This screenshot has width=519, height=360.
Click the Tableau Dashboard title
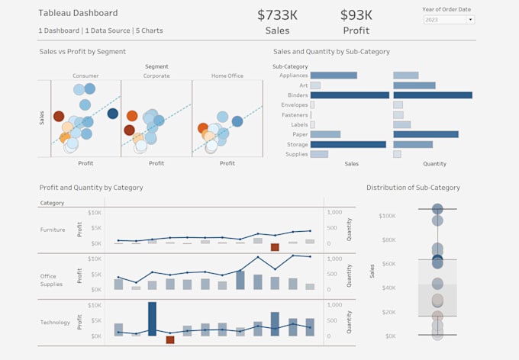(x=78, y=13)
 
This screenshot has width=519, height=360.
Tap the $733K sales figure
(x=277, y=15)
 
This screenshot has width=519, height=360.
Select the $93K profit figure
(x=356, y=15)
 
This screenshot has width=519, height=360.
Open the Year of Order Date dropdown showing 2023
(x=448, y=19)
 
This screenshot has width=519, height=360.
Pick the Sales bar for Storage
(x=347, y=144)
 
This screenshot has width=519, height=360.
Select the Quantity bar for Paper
(x=425, y=134)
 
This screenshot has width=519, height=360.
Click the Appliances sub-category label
(x=294, y=76)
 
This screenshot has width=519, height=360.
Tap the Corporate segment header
(x=156, y=76)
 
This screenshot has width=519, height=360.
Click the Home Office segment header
(x=227, y=76)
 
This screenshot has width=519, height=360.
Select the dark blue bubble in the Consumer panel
(x=113, y=114)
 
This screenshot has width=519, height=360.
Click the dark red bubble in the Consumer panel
(x=59, y=116)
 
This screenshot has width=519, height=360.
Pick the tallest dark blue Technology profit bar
(x=152, y=319)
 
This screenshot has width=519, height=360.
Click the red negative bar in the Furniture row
(x=275, y=247)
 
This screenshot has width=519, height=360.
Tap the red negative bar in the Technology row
(x=169, y=339)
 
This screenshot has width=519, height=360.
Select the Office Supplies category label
(x=52, y=279)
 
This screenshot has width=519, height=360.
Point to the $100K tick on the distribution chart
(x=386, y=216)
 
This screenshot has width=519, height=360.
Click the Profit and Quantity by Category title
(x=91, y=188)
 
